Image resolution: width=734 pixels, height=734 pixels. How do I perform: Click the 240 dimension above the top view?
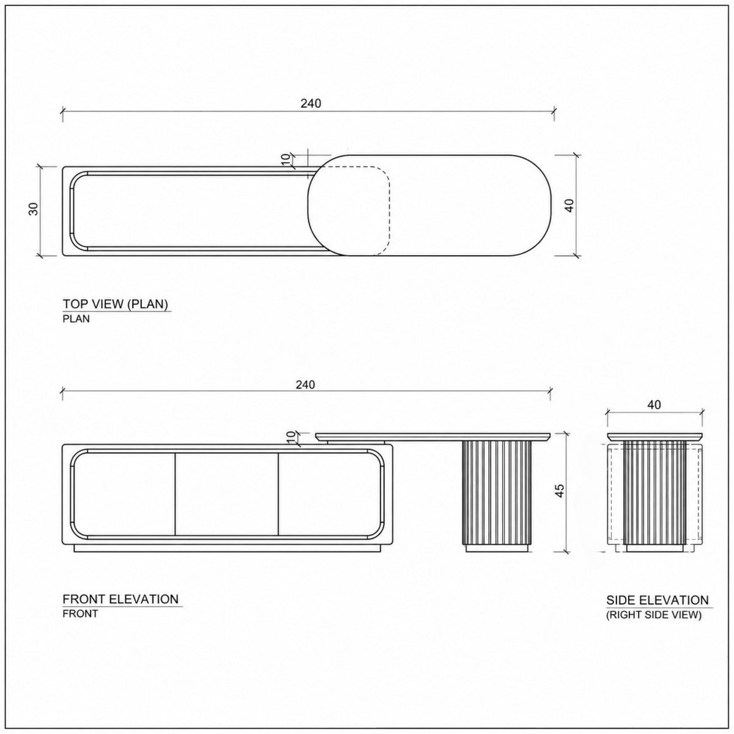311,103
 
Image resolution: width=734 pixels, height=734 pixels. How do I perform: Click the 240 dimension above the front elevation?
305,385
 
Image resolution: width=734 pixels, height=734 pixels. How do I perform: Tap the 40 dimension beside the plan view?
570,206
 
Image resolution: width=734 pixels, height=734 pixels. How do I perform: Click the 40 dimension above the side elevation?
654,405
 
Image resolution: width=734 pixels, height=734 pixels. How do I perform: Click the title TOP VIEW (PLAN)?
116,304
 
